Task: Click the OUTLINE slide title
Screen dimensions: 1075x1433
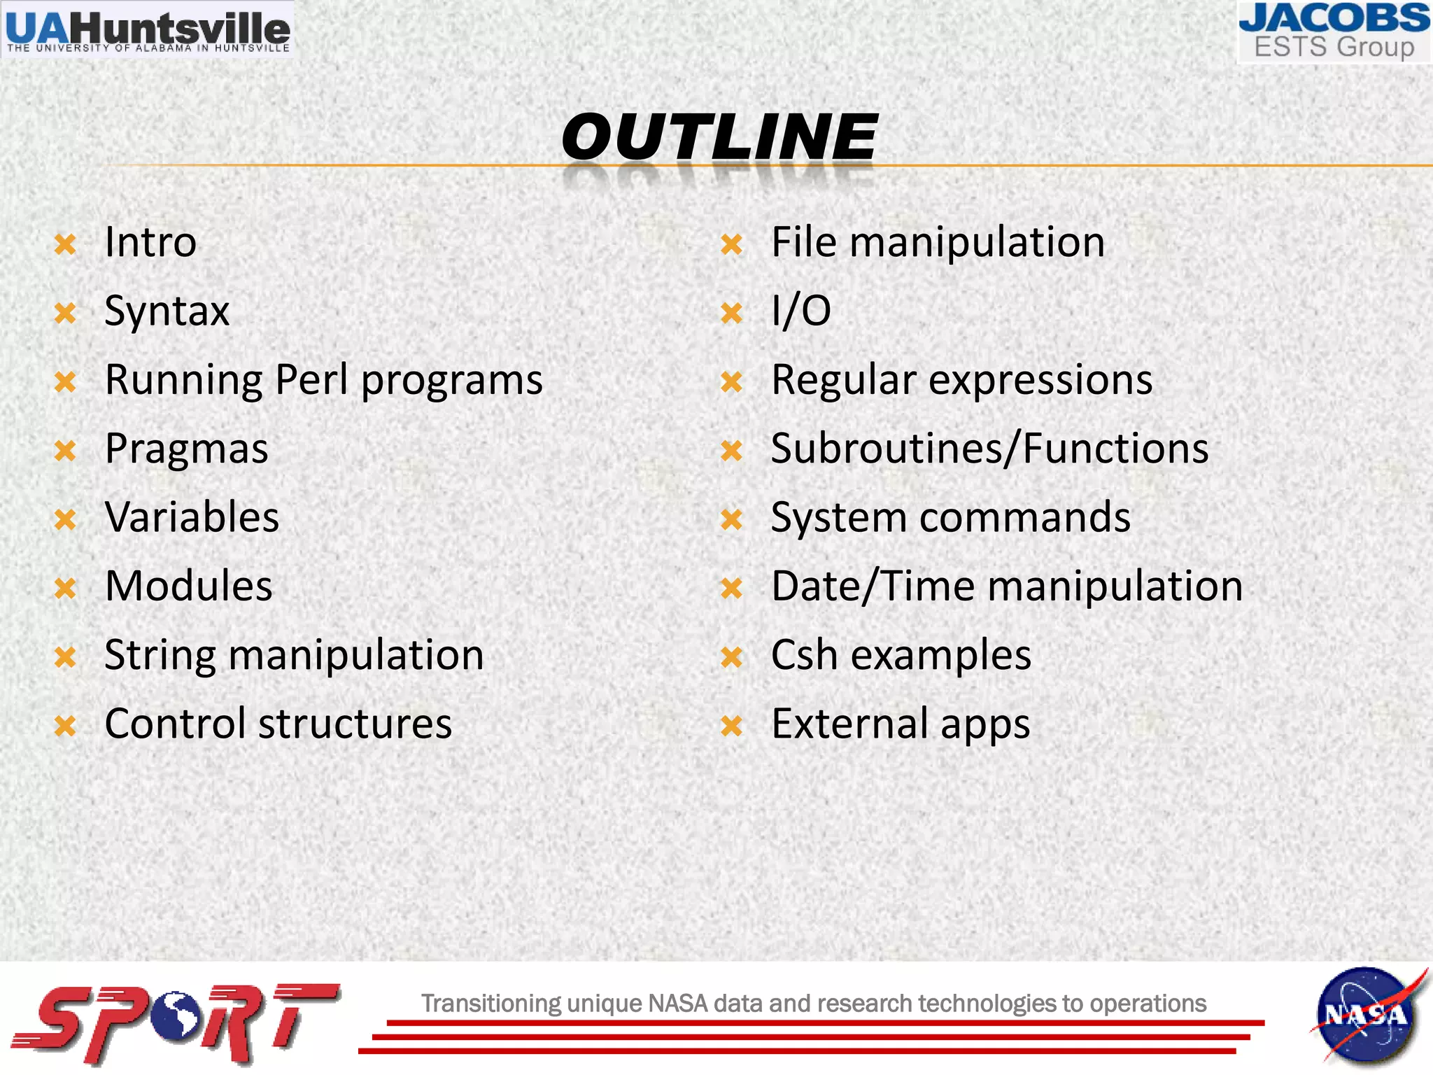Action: point(719,136)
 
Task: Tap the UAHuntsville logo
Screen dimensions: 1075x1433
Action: point(147,29)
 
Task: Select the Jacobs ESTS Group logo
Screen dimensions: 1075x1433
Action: point(1334,31)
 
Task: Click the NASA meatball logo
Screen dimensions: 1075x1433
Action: point(1367,1015)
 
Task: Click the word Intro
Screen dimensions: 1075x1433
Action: point(150,242)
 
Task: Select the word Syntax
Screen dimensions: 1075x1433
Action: point(167,311)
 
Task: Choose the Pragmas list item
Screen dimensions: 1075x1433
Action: point(186,449)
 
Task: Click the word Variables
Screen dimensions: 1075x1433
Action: point(192,517)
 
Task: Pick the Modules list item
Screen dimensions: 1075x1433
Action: point(188,586)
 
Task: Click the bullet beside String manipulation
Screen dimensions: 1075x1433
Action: point(65,657)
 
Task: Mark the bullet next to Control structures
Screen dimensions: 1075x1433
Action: point(65,726)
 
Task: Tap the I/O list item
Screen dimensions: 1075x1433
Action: point(800,311)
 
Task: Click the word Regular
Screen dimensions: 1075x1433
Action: point(843,380)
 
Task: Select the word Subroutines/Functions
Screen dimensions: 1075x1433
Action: point(989,449)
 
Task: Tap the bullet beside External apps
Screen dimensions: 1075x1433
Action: point(731,726)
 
